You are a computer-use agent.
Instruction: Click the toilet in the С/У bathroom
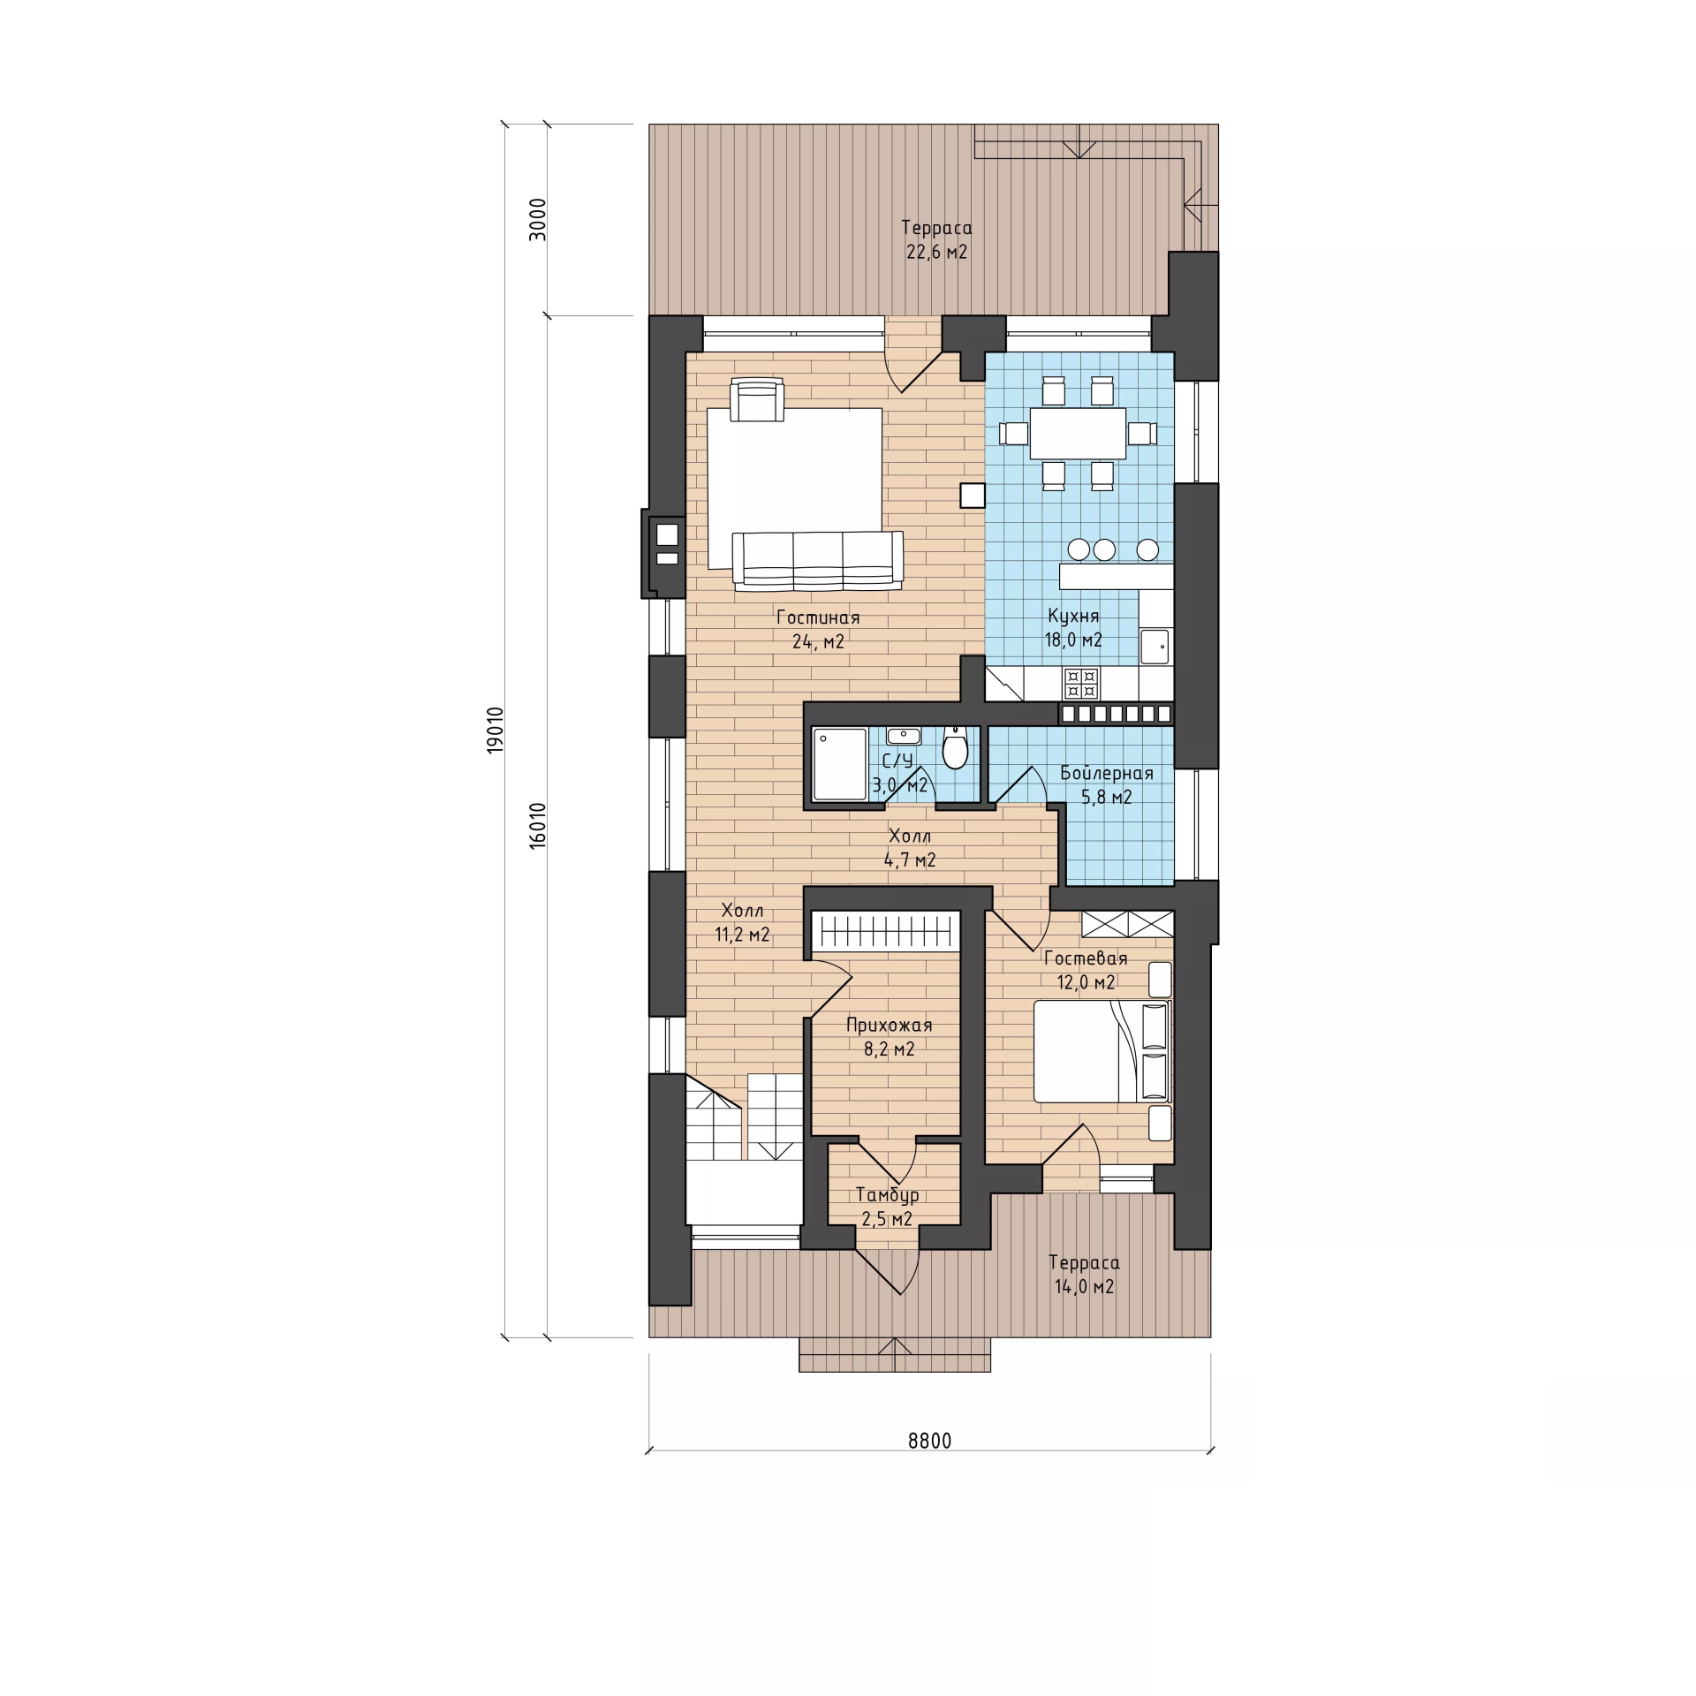(x=955, y=748)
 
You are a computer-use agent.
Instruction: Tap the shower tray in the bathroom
(x=840, y=764)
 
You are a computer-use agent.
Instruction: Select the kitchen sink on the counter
(x=1155, y=646)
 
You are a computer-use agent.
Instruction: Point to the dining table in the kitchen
(x=1078, y=433)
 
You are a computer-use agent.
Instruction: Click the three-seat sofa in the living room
(x=818, y=559)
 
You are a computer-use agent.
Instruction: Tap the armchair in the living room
(x=758, y=400)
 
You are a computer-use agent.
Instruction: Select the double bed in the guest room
(x=1102, y=1051)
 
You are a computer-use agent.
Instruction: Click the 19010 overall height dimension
(x=495, y=730)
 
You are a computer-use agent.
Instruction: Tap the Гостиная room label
(x=818, y=617)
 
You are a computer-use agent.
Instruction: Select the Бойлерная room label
(x=1107, y=774)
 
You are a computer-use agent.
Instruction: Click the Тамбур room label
(x=888, y=1195)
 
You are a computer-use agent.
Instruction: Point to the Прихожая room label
(x=890, y=1026)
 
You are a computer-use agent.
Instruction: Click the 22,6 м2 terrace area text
(x=937, y=253)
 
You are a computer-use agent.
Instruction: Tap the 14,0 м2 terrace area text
(x=1085, y=1287)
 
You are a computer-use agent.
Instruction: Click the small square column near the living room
(x=973, y=496)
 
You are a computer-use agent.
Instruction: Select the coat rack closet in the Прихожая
(x=886, y=931)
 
